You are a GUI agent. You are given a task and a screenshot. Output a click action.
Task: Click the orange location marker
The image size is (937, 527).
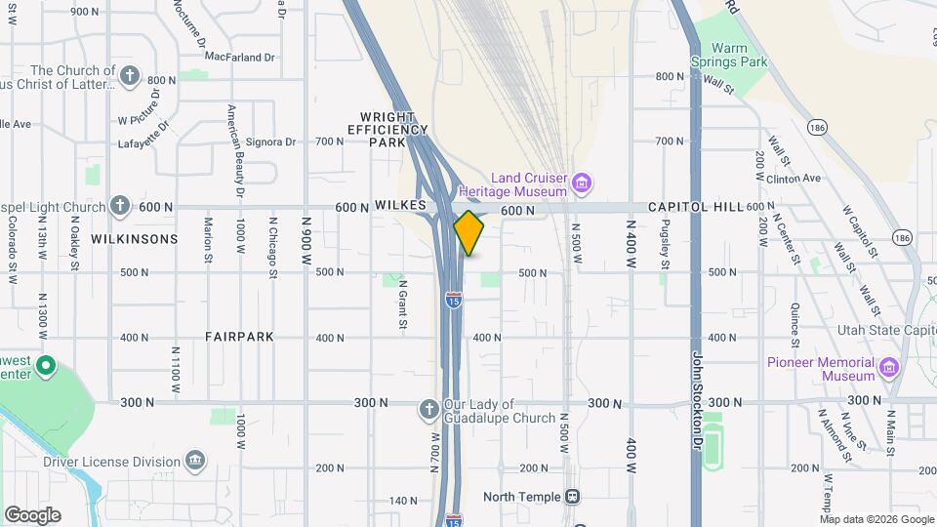[x=468, y=233]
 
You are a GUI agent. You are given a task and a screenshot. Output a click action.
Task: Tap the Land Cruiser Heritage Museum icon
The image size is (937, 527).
[x=583, y=182]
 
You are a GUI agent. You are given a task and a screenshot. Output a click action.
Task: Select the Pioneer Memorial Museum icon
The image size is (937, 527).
[x=888, y=368]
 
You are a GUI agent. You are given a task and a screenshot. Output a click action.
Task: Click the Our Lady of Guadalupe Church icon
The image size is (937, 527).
[x=428, y=409]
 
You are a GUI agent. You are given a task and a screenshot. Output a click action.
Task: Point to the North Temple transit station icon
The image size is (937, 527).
[x=573, y=497]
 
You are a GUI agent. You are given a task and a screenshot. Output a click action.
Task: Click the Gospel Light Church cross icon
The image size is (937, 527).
[x=120, y=206]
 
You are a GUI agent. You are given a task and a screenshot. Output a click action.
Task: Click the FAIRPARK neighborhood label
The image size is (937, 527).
[x=239, y=337]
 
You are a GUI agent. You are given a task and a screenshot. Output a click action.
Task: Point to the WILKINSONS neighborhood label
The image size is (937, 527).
[x=135, y=239]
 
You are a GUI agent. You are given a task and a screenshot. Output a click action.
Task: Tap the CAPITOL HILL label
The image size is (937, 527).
[x=695, y=207]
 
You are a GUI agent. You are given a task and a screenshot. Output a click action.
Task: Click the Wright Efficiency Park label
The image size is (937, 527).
[x=387, y=129]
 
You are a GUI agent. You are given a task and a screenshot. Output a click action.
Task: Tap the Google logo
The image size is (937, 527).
[x=32, y=514]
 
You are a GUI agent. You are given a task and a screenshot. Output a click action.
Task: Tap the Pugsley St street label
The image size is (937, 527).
[x=665, y=244]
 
